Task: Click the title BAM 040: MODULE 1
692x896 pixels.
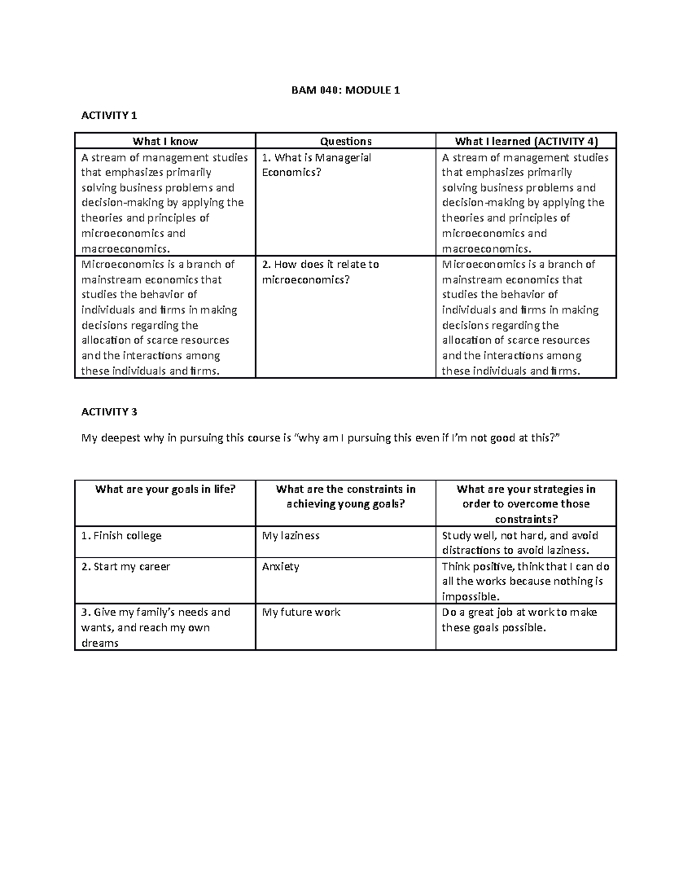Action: (345, 90)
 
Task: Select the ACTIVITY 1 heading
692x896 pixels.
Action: (109, 115)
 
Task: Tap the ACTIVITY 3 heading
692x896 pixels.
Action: (109, 412)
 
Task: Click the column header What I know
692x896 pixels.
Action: (165, 141)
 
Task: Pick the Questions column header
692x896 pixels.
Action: (345, 141)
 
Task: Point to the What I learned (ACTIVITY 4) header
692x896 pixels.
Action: (526, 141)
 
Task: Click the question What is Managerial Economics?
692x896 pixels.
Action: (317, 165)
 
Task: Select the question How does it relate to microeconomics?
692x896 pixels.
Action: (321, 272)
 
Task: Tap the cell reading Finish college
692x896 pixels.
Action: (122, 535)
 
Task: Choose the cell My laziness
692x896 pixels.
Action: (291, 535)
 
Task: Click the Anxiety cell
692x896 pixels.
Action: (280, 567)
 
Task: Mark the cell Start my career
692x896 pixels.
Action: (126, 567)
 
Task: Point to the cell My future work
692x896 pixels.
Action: (301, 612)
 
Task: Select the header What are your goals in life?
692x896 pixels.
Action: (165, 489)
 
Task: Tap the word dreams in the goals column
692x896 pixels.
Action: (100, 643)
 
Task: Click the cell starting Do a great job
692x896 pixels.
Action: (519, 620)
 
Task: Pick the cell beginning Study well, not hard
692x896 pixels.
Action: (520, 543)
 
